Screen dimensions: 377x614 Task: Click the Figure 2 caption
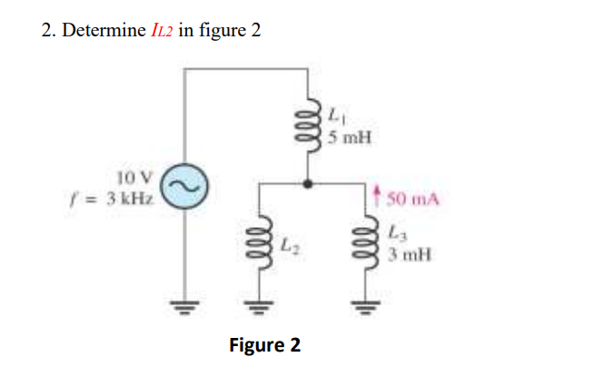(x=264, y=345)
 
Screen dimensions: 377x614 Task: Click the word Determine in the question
(x=101, y=31)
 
